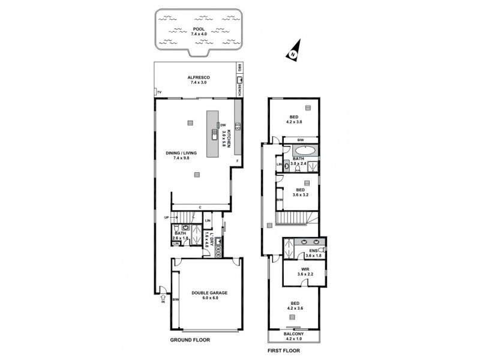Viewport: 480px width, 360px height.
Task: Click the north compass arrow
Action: click(293, 52)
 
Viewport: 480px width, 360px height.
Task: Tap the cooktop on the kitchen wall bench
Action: click(238, 126)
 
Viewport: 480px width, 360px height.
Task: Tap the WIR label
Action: click(306, 269)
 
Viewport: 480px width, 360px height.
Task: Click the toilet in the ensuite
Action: click(322, 248)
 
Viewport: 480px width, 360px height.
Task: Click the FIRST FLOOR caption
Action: click(283, 350)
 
